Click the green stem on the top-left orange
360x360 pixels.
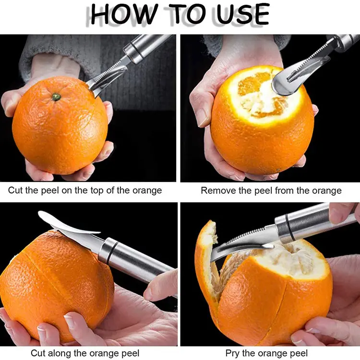[56, 96]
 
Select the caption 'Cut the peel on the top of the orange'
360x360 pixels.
[85, 191]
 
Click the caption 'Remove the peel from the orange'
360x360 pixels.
[271, 191]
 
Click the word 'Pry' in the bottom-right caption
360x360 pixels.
[233, 352]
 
